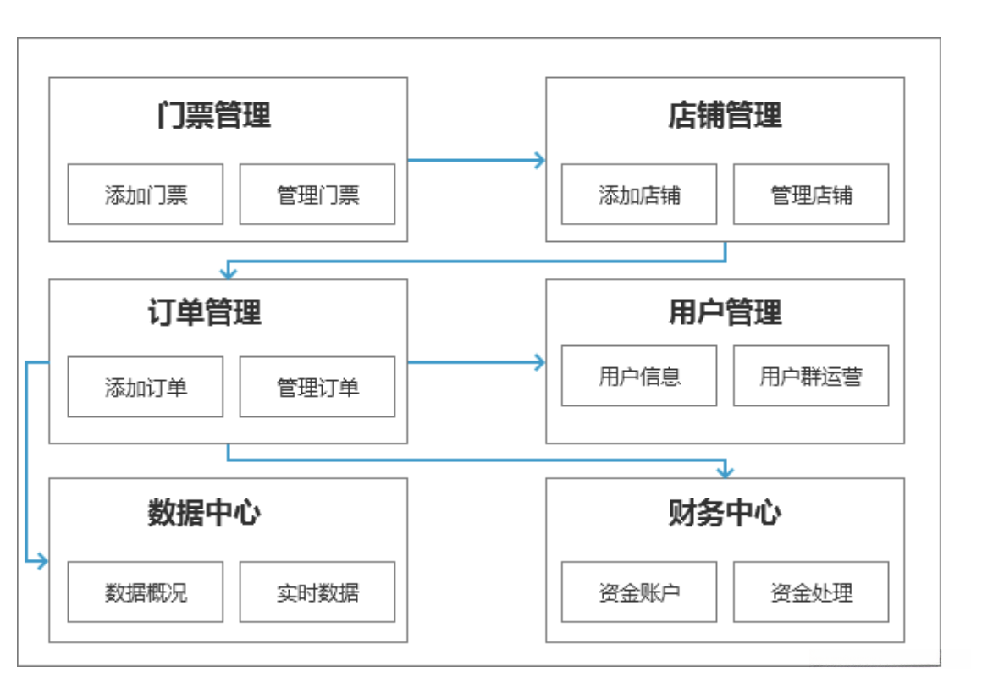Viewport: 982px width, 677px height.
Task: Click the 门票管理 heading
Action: click(213, 115)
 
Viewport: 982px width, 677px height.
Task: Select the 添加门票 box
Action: click(146, 195)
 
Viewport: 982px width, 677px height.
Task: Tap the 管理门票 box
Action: click(317, 195)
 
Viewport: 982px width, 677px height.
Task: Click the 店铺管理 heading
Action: click(725, 115)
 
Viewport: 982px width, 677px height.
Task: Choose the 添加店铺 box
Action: click(639, 195)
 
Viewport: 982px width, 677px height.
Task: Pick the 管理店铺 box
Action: click(811, 195)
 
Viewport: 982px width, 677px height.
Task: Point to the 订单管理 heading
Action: click(204, 312)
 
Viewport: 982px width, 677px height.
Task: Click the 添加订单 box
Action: click(146, 387)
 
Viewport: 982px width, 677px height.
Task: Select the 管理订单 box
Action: click(317, 387)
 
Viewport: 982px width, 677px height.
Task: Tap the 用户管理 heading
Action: click(725, 312)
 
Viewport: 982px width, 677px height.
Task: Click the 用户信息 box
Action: click(639, 376)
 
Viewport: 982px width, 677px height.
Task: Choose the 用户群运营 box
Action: click(811, 376)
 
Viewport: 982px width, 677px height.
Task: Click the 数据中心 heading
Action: click(204, 513)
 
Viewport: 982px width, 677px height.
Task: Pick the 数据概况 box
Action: click(146, 592)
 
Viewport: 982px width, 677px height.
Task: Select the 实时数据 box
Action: click(317, 592)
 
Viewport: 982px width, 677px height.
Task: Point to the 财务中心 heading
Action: click(725, 513)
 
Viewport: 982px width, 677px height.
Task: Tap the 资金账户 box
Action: click(639, 592)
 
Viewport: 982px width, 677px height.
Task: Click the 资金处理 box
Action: click(811, 592)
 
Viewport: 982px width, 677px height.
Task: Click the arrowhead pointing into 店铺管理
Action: click(539, 160)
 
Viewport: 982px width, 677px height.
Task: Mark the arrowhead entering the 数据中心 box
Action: click(42, 560)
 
